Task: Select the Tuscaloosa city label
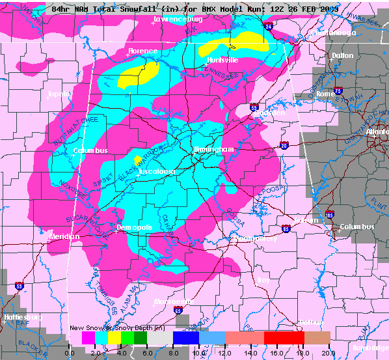point(157,171)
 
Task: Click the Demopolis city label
point(135,227)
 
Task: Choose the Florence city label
point(142,51)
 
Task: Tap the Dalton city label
point(342,56)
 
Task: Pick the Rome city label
point(325,94)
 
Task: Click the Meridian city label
point(64,236)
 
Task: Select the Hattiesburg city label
point(22,317)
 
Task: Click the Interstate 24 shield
point(269,26)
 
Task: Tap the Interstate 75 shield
point(338,91)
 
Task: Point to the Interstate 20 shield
point(284,146)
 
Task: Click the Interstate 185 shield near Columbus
point(330,214)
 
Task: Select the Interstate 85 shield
point(286,228)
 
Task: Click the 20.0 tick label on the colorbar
point(328,352)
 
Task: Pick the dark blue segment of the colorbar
point(185,338)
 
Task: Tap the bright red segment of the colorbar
point(283,338)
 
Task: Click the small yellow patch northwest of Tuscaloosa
point(137,158)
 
